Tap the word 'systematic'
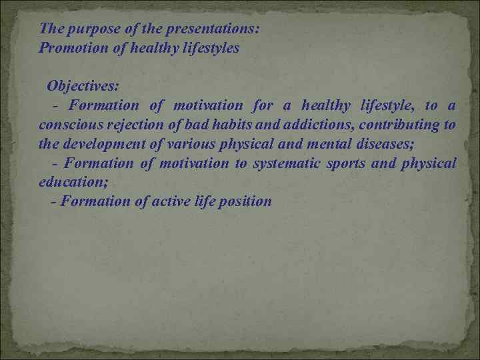(283, 163)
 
